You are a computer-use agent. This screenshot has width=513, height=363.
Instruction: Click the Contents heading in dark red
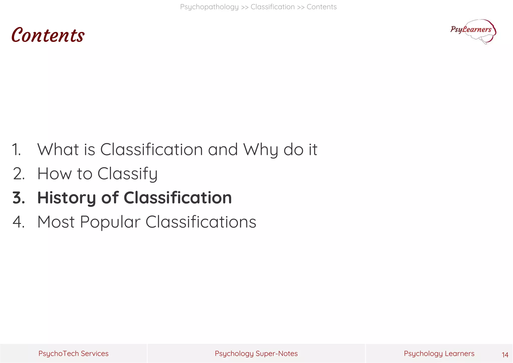[48, 35]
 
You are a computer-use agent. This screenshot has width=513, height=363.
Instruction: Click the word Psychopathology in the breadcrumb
[209, 7]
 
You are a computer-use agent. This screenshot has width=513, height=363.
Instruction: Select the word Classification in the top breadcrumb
[273, 7]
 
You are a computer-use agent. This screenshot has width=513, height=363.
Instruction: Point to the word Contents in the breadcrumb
[321, 7]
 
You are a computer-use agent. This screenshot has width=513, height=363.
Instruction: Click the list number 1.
[17, 150]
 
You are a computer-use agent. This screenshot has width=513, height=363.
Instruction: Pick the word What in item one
[58, 150]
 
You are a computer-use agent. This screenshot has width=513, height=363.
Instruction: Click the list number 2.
[19, 174]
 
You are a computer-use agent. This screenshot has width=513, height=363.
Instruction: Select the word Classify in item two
[127, 174]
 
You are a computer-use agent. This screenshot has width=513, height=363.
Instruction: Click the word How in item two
[54, 174]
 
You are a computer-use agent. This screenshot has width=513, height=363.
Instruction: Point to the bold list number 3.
[19, 198]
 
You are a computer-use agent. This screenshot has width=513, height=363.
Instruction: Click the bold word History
[66, 198]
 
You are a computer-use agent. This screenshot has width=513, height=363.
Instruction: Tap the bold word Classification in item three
[178, 198]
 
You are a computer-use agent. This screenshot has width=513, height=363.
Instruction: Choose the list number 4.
[19, 222]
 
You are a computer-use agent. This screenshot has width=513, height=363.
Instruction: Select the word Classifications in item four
[201, 222]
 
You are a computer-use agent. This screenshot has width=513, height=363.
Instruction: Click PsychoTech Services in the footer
[73, 353]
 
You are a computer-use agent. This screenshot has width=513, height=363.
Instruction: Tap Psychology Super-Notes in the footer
[256, 353]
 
